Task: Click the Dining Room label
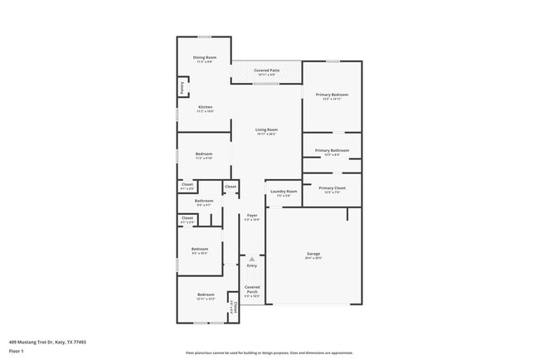[x=205, y=56]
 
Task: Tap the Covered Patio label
[x=266, y=71]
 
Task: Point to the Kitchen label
[x=205, y=107]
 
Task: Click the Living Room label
[x=266, y=129]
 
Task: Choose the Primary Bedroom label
[x=332, y=95]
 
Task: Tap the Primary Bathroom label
[x=332, y=150]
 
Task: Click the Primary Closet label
[x=332, y=188]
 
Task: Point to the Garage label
[x=314, y=253]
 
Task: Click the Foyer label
[x=252, y=216]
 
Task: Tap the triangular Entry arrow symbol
[x=251, y=259]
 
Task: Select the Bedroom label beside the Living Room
[x=204, y=153]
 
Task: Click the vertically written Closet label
[x=235, y=309]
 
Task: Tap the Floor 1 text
[x=16, y=351]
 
